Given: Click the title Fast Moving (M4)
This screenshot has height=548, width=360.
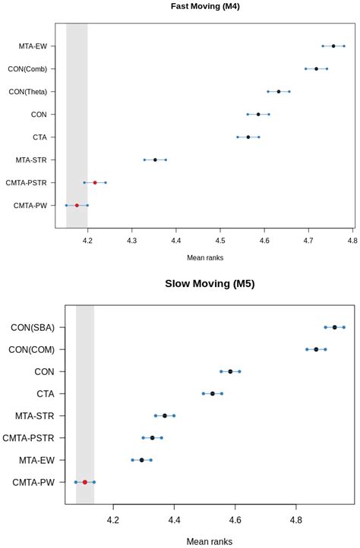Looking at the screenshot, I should click(210, 7).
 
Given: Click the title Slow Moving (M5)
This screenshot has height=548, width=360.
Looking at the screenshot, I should click(210, 285).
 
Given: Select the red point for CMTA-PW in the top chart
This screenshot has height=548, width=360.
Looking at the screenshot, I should click(77, 205).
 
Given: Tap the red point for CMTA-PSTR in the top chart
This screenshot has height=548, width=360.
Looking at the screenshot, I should click(95, 182).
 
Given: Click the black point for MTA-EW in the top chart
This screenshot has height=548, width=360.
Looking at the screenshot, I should click(333, 46).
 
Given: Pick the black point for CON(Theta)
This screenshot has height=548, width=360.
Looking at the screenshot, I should click(279, 91).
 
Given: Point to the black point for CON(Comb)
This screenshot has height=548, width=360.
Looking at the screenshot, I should click(317, 68).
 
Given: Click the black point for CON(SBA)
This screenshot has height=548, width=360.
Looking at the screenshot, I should click(334, 327).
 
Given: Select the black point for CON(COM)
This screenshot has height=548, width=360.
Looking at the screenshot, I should click(316, 349).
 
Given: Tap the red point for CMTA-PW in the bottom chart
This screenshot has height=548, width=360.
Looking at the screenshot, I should click(85, 482).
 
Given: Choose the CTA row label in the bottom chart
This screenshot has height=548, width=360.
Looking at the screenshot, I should click(43, 394).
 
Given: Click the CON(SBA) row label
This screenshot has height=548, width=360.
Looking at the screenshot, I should click(32, 328).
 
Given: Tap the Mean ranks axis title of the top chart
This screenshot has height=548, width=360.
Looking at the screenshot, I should click(210, 257).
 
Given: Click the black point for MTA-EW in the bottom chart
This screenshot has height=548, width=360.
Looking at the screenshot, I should click(141, 460).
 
